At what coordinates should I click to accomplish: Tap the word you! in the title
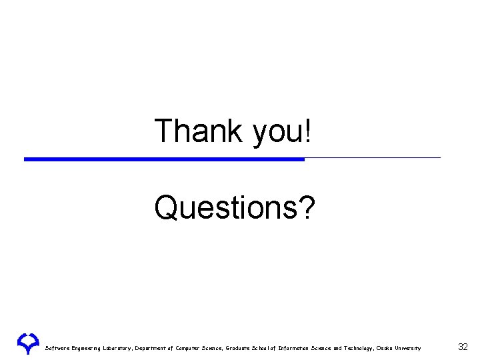click(x=281, y=132)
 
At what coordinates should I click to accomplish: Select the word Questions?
click(x=235, y=208)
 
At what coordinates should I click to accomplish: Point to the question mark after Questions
click(x=307, y=208)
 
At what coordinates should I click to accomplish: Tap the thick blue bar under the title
click(x=164, y=159)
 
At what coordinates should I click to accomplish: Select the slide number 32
click(x=463, y=347)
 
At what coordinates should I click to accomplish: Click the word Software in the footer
click(x=57, y=348)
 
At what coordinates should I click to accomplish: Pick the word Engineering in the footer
click(x=88, y=348)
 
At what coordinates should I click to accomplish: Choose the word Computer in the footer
click(x=198, y=348)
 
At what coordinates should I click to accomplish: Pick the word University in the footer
click(x=409, y=348)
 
